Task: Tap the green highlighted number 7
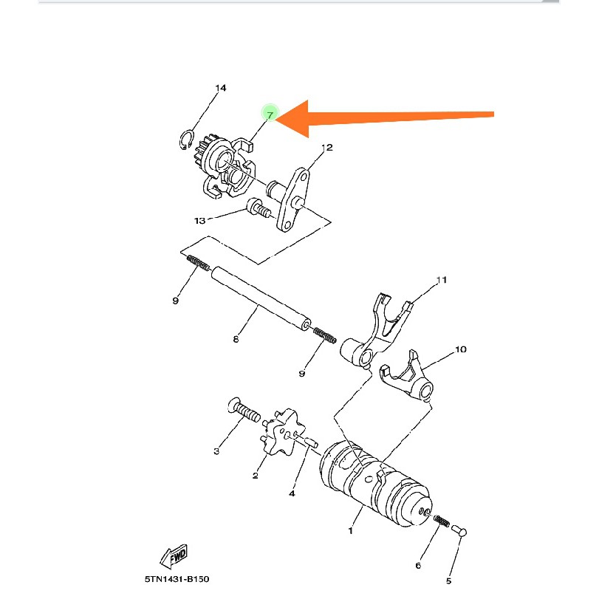pyautogui.click(x=270, y=115)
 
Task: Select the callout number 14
pyautogui.click(x=220, y=88)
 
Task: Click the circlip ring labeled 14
pyautogui.click(x=188, y=140)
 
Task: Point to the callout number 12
pyautogui.click(x=327, y=148)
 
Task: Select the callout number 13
pyautogui.click(x=199, y=220)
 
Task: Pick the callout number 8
pyautogui.click(x=236, y=340)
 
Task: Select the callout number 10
pyautogui.click(x=460, y=349)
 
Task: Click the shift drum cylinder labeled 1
pyautogui.click(x=373, y=484)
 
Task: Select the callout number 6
pyautogui.click(x=418, y=565)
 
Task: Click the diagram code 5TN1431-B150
pyautogui.click(x=177, y=580)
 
